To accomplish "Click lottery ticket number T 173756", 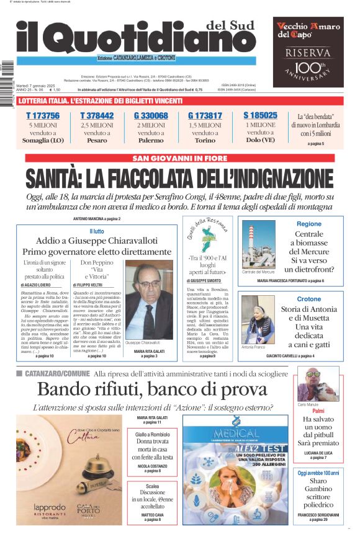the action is click(x=42, y=116).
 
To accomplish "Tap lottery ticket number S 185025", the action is click(x=260, y=115).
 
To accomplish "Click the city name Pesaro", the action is click(x=97, y=141).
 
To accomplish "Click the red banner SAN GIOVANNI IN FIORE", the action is click(x=179, y=158).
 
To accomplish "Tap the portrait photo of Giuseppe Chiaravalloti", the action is click(x=149, y=298).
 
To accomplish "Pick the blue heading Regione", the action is click(x=309, y=224).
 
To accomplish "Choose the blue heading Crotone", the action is click(x=309, y=299).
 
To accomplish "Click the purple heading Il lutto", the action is click(x=97, y=232).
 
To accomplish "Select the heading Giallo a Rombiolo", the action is click(x=152, y=435).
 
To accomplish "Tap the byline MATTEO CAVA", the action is click(x=152, y=514).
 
